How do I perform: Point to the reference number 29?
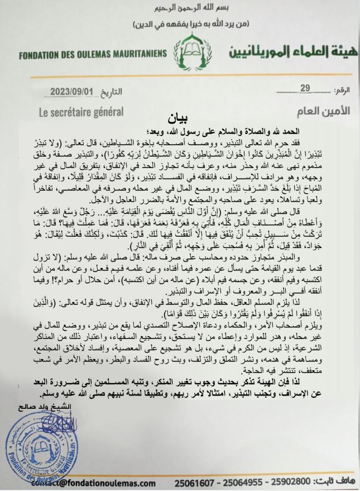click(305, 88)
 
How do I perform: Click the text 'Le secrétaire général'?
click(81, 111)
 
